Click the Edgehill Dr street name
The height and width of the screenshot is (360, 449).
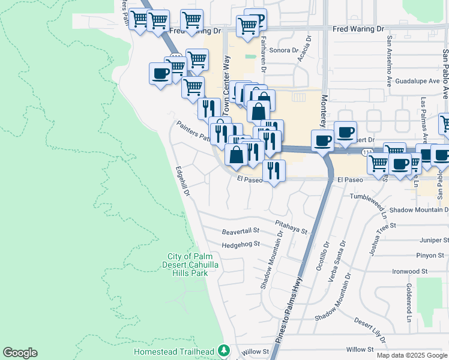182,182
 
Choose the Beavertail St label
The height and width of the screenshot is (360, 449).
240,230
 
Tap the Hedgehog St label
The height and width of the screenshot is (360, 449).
240,244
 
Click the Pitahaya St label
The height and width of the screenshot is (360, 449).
291,226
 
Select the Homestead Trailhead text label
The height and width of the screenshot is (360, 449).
174,351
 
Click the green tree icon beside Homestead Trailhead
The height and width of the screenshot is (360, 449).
224,350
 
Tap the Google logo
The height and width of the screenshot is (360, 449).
20,353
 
